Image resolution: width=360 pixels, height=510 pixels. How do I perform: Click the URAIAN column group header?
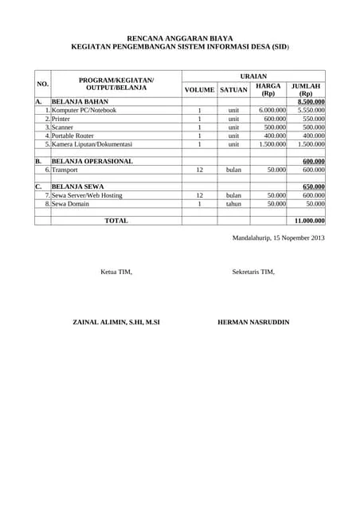(253, 75)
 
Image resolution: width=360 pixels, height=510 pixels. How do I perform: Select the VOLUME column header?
(199, 90)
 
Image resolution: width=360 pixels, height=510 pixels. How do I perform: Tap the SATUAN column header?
(233, 90)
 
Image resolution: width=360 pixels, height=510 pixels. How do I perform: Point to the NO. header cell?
(42, 84)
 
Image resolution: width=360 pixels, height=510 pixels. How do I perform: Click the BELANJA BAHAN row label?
(80, 102)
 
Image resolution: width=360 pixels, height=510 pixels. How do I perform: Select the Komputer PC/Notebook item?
(84, 110)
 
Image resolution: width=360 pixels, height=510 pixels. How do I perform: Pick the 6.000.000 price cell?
(272, 110)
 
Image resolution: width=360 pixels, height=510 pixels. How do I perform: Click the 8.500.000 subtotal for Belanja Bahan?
(310, 102)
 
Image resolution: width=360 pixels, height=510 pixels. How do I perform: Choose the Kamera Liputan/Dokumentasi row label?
(92, 144)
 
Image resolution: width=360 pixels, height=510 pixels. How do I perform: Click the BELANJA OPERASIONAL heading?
(92, 161)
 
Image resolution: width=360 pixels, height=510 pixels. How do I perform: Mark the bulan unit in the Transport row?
(233, 170)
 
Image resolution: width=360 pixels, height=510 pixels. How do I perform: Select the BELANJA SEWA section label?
(78, 186)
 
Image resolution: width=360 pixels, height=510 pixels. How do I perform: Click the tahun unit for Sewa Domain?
(233, 203)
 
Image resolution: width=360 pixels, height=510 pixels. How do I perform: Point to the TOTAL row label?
(116, 220)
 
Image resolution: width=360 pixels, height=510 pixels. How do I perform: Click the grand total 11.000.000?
(309, 220)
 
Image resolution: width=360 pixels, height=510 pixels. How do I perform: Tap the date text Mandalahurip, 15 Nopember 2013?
(278, 237)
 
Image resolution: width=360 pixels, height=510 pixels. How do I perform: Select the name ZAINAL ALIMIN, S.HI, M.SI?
(116, 322)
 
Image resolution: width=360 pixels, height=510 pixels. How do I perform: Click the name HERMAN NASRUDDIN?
(253, 322)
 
